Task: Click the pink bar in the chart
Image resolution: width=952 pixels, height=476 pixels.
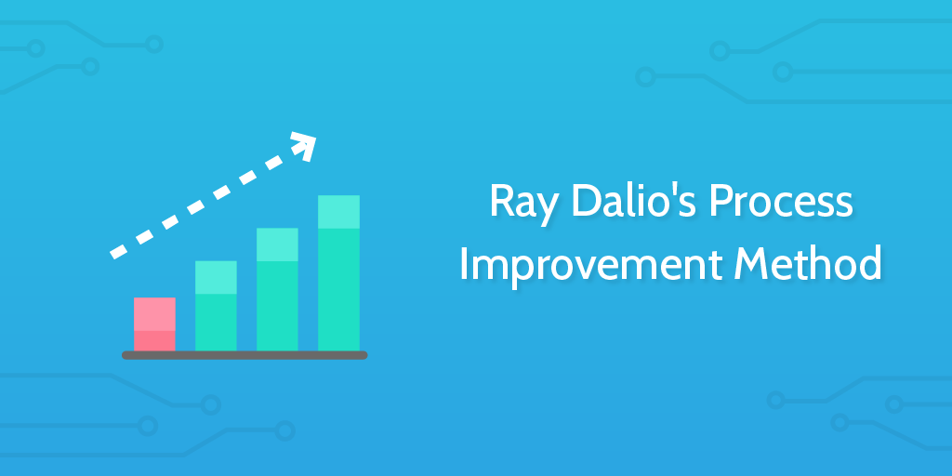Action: [155, 324]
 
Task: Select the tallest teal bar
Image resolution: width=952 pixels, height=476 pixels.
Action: [338, 273]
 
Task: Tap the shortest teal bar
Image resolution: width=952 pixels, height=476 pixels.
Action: [216, 306]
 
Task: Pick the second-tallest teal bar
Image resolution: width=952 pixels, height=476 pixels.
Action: [277, 290]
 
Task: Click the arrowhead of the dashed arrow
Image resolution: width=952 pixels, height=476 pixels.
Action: [305, 144]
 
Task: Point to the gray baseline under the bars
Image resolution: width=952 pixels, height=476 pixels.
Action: [245, 355]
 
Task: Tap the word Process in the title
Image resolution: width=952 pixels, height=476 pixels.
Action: [781, 202]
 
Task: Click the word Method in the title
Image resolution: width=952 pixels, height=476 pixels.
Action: [808, 264]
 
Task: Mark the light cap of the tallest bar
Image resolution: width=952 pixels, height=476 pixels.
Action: [338, 212]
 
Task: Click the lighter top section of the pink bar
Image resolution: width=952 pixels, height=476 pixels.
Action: [155, 314]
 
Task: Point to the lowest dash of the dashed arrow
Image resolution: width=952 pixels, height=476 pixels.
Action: [118, 251]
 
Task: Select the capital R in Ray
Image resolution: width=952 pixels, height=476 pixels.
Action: [502, 202]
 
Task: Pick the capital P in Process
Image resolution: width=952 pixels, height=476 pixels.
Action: [721, 202]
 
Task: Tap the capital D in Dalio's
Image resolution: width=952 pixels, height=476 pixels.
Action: [587, 202]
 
